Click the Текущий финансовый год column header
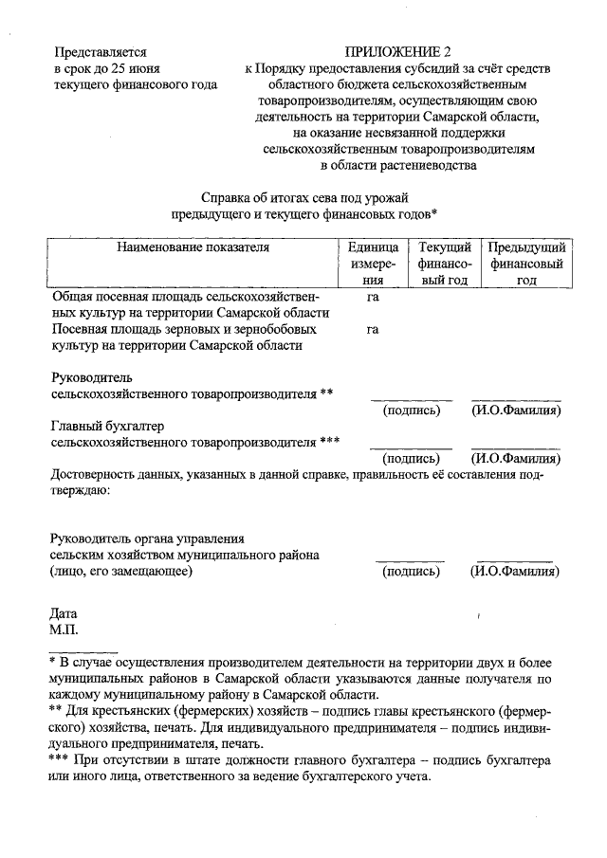[446, 265]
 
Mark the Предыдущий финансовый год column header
[526, 265]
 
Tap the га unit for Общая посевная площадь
[373, 297]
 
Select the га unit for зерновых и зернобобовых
[373, 329]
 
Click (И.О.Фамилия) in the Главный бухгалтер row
[516, 458]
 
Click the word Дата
[64, 614]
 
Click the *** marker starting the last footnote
[59, 760]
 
